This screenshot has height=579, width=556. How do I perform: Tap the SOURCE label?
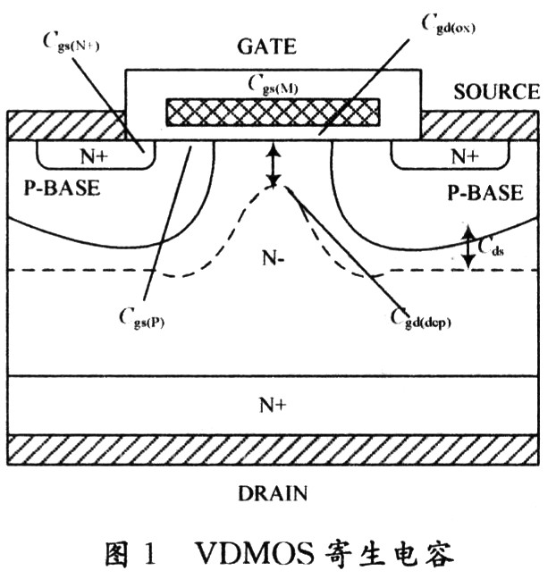497,92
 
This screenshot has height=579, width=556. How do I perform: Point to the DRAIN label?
274,493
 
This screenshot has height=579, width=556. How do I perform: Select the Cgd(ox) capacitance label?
448,23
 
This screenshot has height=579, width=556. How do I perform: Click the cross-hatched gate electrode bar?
273,111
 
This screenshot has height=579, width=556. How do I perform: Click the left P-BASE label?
60,190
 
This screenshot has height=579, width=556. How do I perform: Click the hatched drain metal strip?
273,450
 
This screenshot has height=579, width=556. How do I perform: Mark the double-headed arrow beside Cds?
468,247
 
